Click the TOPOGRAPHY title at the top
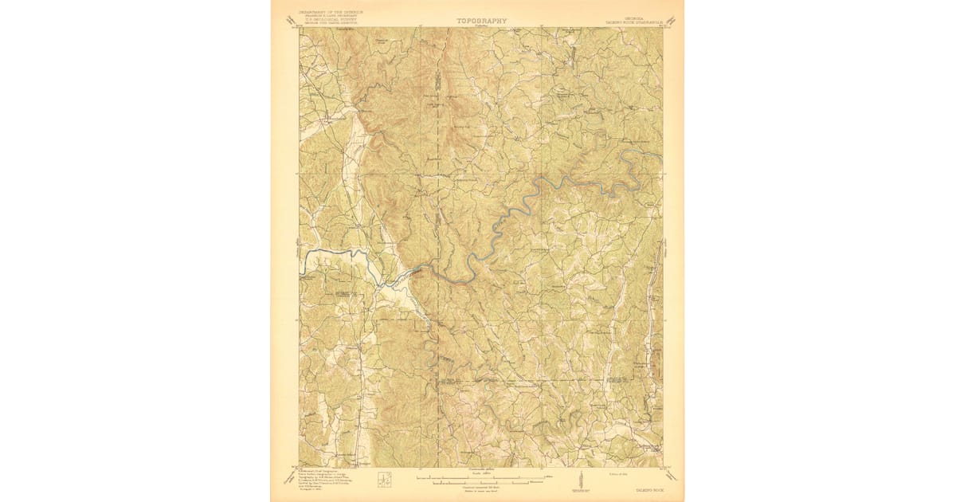click(480, 21)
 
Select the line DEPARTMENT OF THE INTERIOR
click(330, 13)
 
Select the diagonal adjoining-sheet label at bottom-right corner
click(673, 476)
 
